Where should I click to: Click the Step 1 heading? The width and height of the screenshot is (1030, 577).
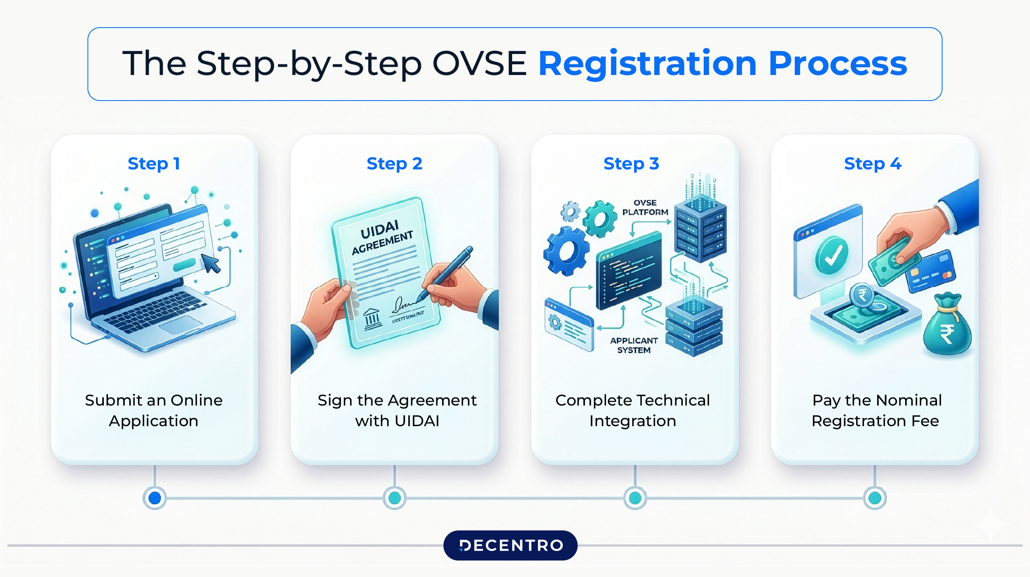tap(154, 164)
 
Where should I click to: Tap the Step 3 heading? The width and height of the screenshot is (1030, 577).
tap(631, 164)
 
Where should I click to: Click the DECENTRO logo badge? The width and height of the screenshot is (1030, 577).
tap(510, 545)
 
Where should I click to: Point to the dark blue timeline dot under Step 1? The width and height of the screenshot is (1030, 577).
tap(154, 498)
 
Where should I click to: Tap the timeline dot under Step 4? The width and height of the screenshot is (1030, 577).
tap(875, 498)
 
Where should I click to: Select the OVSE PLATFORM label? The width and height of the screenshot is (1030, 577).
tap(645, 207)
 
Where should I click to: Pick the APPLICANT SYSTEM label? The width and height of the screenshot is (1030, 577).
tap(634, 345)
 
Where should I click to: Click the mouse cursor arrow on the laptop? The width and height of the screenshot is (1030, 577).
tap(211, 263)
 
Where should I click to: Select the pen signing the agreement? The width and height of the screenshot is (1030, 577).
tap(447, 272)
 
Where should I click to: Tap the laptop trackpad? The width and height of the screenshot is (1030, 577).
tap(180, 325)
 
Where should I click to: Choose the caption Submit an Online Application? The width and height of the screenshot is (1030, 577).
tap(154, 410)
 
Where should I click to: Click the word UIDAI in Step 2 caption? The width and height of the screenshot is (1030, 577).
tap(417, 421)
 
